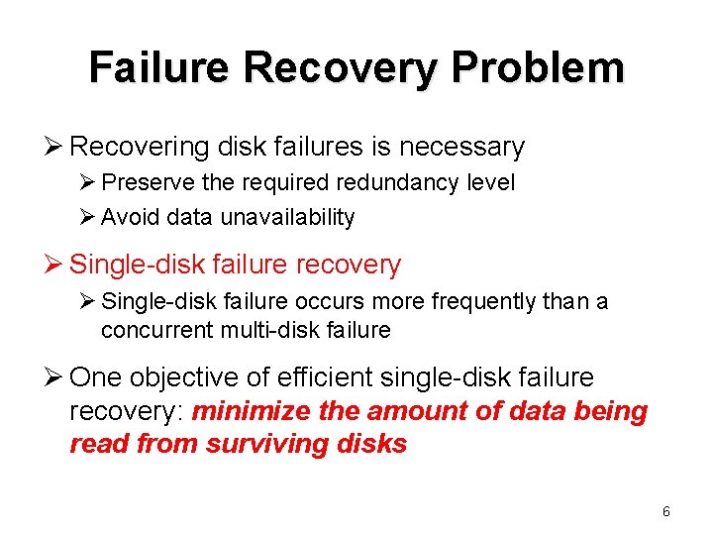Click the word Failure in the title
pyautogui.click(x=157, y=67)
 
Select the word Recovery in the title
pyautogui.click(x=339, y=67)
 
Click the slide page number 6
pyautogui.click(x=665, y=511)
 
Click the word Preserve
pyautogui.click(x=146, y=183)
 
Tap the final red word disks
pyautogui.click(x=377, y=443)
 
